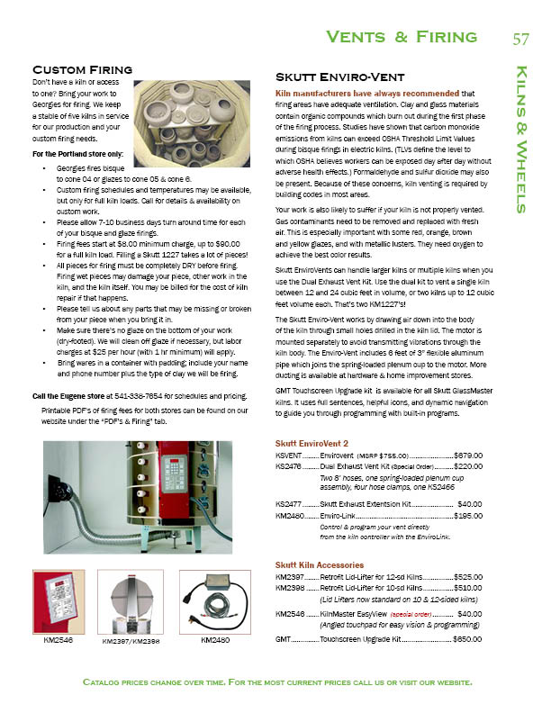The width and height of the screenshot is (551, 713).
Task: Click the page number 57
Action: coord(520,38)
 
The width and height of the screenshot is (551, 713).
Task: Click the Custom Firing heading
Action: coord(83,69)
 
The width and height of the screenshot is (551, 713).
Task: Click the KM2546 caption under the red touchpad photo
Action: coord(58,644)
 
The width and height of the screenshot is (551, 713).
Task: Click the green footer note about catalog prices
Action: coord(275,682)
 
